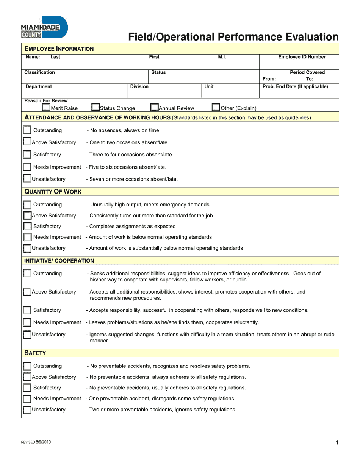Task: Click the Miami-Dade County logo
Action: click(x=44, y=27)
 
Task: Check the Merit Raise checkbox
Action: click(x=46, y=108)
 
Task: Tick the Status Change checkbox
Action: click(x=95, y=108)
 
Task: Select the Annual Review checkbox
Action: click(x=155, y=108)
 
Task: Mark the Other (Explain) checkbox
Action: click(x=216, y=108)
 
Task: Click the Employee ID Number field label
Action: click(x=302, y=57)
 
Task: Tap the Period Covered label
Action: click(x=307, y=72)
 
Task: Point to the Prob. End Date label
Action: click(x=295, y=87)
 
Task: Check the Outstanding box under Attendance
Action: click(x=27, y=130)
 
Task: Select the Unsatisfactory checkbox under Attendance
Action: click(x=27, y=178)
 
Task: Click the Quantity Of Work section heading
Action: click(x=53, y=192)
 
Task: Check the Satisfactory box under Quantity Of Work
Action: click(x=27, y=227)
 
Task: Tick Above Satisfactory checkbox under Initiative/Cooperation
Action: click(x=27, y=292)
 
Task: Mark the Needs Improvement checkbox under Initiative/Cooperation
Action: click(x=27, y=322)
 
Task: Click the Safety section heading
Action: click(x=35, y=353)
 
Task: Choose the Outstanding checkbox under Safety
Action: click(x=27, y=366)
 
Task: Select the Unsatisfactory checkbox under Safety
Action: click(x=27, y=410)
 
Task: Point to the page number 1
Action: click(x=337, y=443)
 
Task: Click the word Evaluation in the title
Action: click(x=309, y=37)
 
